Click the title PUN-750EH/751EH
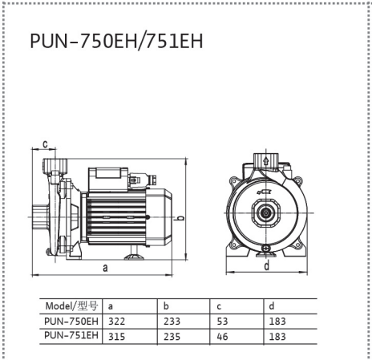116,41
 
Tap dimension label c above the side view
45,144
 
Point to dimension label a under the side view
105,268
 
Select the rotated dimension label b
181,217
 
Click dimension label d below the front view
267,265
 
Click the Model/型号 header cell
71,305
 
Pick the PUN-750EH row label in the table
71,321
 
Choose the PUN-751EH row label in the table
71,335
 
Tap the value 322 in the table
116,322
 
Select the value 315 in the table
116,337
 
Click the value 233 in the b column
172,322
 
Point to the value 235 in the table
172,337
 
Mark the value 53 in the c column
222,322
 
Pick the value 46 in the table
222,337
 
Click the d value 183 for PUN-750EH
277,322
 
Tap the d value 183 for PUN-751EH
277,337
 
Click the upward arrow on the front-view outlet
266,161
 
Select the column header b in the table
166,305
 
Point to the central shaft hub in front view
266,212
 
